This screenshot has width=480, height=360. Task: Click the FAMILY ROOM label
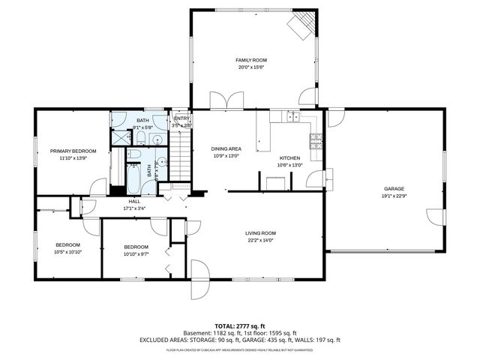tap(251, 60)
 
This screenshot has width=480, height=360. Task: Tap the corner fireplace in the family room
tap(301, 26)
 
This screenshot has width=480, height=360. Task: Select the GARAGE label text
tap(394, 188)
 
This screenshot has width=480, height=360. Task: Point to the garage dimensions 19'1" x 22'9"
tap(394, 196)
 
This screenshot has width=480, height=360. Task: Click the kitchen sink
tap(292, 117)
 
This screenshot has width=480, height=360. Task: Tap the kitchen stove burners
tap(316, 138)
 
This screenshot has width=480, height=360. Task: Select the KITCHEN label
tap(289, 158)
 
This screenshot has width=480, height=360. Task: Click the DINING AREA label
tap(226, 149)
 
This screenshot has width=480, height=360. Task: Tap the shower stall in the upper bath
tap(121, 138)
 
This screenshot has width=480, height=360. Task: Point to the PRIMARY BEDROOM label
tap(73, 151)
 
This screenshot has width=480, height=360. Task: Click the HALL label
tap(134, 201)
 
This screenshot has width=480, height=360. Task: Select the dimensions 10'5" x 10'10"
tap(67, 253)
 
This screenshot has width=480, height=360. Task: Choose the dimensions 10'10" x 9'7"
tap(136, 254)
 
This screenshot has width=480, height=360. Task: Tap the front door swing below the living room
tap(200, 271)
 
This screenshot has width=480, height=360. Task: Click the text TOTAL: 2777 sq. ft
tap(240, 326)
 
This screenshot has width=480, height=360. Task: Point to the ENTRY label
tap(181, 118)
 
